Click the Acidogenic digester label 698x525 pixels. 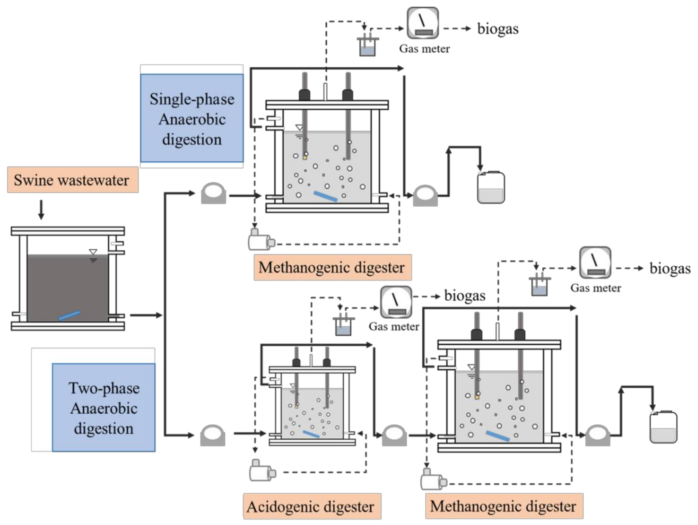point(312,506)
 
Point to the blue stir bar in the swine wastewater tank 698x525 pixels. point(69,315)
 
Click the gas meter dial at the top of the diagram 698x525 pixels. point(422,23)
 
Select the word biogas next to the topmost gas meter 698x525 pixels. point(498,29)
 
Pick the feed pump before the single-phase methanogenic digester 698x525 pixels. point(214,193)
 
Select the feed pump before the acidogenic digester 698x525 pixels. point(213,435)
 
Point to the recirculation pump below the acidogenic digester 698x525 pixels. point(262,470)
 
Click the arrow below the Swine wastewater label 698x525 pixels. point(41,209)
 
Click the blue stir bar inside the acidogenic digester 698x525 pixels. point(311,434)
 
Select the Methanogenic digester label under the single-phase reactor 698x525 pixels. point(332,267)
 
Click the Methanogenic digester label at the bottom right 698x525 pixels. point(504,506)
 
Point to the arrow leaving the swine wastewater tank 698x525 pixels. point(146,315)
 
